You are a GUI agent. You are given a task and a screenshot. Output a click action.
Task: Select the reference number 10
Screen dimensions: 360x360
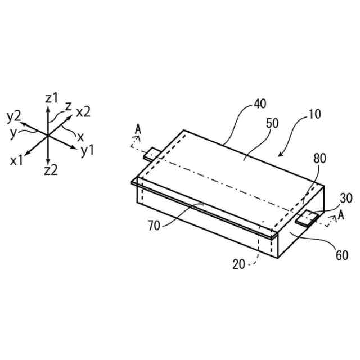(x=315, y=114)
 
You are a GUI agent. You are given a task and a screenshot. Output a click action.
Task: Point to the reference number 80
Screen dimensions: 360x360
(x=319, y=159)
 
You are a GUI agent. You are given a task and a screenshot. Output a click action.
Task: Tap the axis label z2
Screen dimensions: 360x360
(x=50, y=170)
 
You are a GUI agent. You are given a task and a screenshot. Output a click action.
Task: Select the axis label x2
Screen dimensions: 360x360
(x=83, y=112)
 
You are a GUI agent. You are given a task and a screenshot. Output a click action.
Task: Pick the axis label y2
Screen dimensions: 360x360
(x=14, y=116)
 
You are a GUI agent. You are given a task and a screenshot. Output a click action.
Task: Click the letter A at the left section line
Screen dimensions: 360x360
(x=138, y=130)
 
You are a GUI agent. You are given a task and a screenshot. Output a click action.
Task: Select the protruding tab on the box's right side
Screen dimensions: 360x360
(x=306, y=218)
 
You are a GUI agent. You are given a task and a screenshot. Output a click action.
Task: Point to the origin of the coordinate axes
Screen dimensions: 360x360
(x=48, y=135)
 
